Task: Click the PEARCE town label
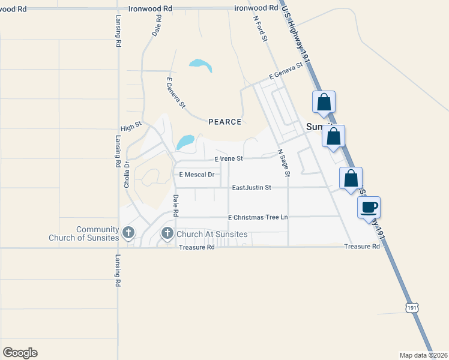(224, 122)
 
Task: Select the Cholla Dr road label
(127, 175)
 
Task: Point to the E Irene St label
(228, 158)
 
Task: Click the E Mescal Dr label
(196, 175)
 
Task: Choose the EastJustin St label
(252, 188)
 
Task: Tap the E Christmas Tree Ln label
(258, 217)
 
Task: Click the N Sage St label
(283, 163)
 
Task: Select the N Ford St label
(260, 28)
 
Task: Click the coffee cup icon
(369, 208)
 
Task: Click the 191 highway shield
(411, 307)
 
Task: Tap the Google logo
(20, 353)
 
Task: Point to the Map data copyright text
(423, 355)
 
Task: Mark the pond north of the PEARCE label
(200, 64)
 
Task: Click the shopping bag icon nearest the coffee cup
(351, 178)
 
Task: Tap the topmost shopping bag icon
(324, 102)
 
